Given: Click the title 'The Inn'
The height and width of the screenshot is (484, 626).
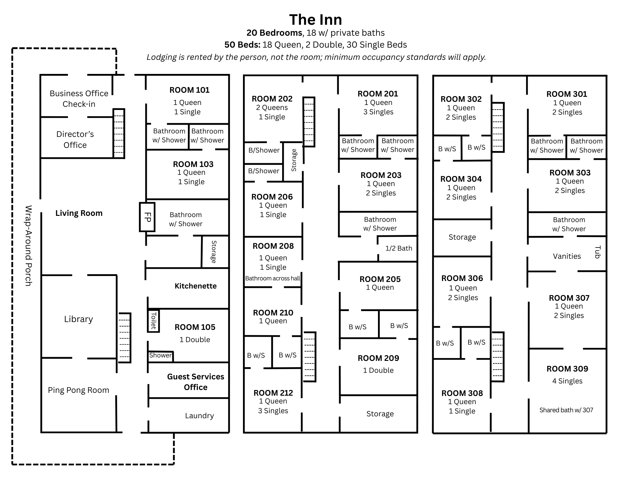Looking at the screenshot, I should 315,19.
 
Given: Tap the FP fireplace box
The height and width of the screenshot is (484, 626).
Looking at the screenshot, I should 147,217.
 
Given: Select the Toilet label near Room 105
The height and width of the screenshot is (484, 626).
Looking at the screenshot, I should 153,320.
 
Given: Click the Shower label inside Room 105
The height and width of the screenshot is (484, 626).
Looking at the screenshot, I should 160,356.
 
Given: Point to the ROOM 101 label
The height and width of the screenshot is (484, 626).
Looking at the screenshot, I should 189,90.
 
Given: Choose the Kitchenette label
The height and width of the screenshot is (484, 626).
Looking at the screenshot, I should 195,286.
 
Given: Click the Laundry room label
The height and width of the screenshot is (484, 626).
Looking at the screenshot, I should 199,416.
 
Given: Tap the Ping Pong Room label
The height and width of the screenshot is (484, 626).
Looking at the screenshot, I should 78,390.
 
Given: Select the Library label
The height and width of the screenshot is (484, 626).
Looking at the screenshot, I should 78,319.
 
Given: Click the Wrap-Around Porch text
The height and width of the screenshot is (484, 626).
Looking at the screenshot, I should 28,246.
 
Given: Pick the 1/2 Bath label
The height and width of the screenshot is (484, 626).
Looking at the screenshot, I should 398,248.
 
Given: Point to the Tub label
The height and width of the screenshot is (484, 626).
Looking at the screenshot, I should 597,252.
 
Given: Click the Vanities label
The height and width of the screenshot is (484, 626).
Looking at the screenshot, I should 567,256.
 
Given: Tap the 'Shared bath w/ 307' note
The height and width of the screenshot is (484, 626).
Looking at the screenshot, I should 566,410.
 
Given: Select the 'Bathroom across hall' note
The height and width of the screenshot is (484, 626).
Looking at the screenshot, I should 272,278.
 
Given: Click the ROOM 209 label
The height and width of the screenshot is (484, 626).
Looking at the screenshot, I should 378,358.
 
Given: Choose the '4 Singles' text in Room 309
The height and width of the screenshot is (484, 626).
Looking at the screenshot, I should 567,381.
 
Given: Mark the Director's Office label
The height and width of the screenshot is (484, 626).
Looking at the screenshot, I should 75,139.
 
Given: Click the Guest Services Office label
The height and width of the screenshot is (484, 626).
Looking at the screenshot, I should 195,382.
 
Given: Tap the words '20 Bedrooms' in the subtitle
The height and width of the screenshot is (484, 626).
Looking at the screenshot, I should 274,33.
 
